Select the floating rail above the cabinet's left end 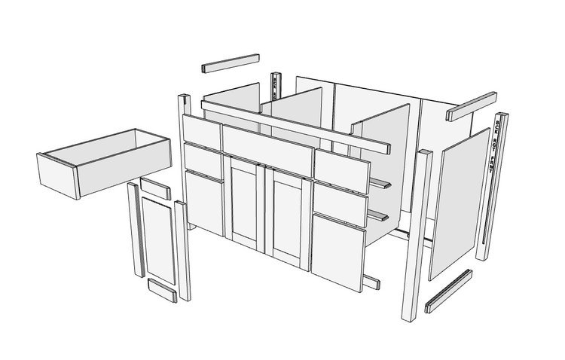231,63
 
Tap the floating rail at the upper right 471,107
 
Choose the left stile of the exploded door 135,230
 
